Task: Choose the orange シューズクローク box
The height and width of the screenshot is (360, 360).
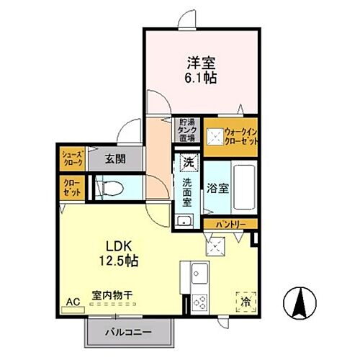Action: (71, 159)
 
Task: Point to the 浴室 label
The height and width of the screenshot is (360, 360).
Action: (219, 188)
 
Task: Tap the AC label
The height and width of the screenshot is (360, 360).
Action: (73, 302)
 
